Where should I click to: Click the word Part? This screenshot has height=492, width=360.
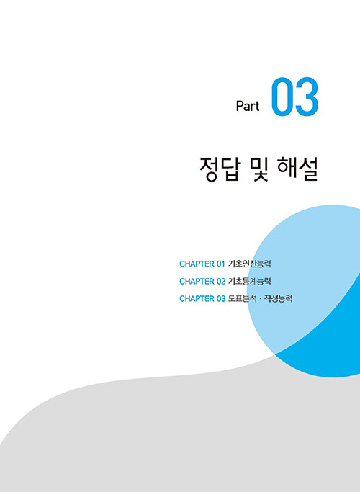coord(248,106)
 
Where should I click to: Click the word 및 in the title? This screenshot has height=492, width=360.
coord(260,169)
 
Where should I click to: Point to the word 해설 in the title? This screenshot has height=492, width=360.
coord(297,169)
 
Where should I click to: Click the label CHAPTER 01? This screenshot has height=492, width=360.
coord(202,264)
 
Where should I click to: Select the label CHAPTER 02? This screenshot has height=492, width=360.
coord(202,282)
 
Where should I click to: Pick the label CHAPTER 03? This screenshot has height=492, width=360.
coord(202,299)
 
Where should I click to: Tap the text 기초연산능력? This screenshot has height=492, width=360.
coord(250,264)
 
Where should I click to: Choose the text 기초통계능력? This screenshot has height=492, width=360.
coord(250,281)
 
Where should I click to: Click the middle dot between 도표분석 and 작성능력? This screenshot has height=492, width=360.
coord(261,299)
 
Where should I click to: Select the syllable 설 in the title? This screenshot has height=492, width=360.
coord(309,169)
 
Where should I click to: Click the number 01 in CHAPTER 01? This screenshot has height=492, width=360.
coord(221,264)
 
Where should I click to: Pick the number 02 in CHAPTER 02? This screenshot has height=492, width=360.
coord(221,282)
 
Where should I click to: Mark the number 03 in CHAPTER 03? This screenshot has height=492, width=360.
coord(221,299)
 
